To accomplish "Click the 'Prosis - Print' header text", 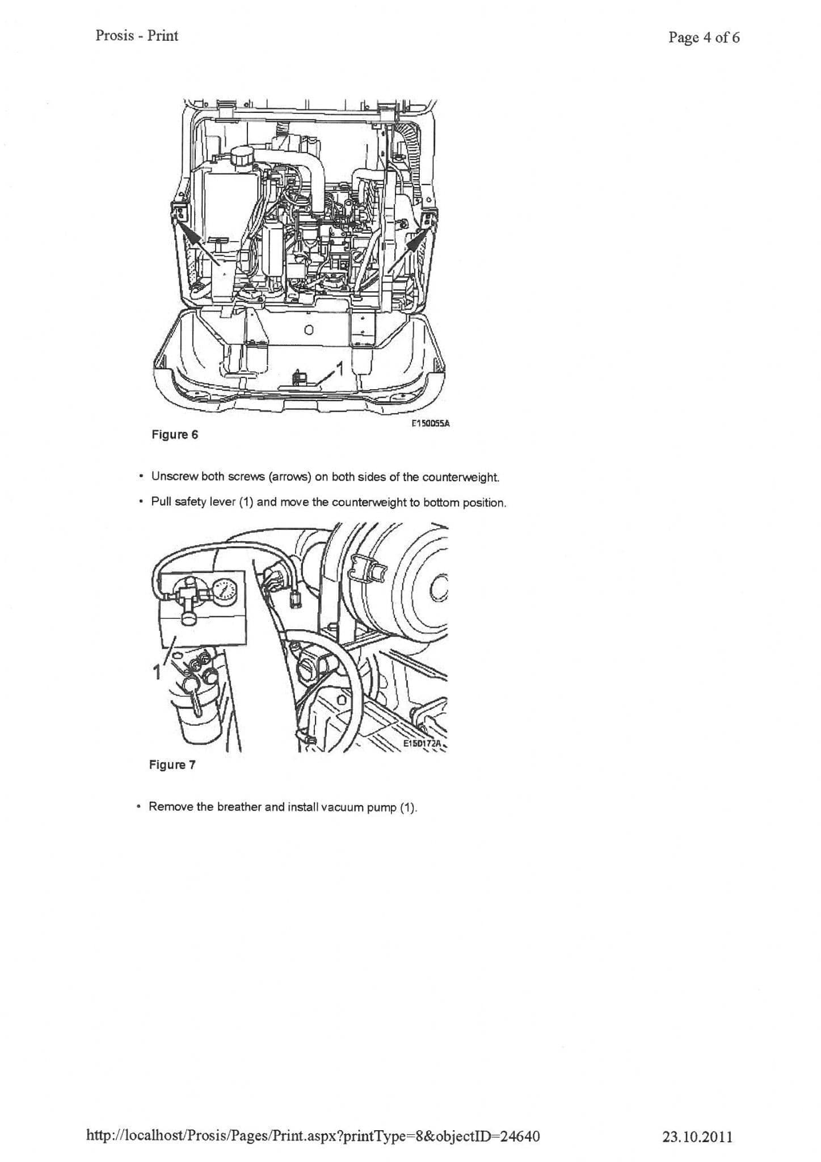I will point(137,36).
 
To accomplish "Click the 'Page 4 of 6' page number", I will point(704,37).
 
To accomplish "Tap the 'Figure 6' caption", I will point(175,435).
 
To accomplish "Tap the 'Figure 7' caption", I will point(172,765).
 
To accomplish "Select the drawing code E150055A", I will point(430,423).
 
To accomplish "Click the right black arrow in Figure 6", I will point(415,242).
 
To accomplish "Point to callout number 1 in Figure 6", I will point(340,369).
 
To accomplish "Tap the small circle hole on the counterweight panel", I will point(308,330).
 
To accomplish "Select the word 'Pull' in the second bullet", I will point(161,503).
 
